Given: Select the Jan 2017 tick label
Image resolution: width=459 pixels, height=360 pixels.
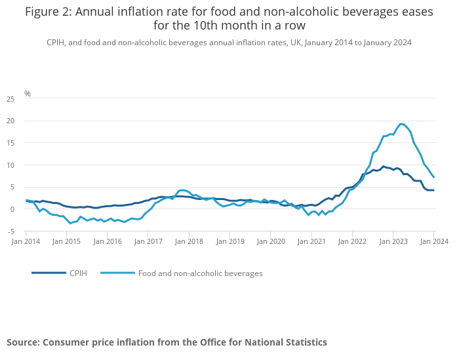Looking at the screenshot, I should click(x=149, y=241).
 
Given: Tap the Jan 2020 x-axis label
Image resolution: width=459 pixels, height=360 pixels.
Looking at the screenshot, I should click(x=271, y=241).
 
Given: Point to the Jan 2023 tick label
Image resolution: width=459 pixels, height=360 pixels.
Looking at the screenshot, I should click(x=393, y=241).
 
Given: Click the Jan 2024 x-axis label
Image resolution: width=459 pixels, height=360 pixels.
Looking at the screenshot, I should click(x=434, y=241).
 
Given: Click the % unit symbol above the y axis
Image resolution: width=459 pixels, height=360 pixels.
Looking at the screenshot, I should click(x=28, y=94).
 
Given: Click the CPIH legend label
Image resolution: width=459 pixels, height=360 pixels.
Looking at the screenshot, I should click(x=78, y=273).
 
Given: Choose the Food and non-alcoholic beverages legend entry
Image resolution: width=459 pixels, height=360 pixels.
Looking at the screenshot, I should click(x=200, y=273).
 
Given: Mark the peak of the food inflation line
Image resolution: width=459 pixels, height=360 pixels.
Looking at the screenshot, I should click(x=401, y=124).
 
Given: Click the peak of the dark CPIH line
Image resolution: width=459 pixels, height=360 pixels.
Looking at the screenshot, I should click(x=384, y=167).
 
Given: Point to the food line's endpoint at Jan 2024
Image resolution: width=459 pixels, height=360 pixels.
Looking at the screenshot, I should click(x=434, y=178).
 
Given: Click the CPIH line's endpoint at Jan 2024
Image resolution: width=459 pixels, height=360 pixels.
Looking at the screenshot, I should click(x=434, y=190).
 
